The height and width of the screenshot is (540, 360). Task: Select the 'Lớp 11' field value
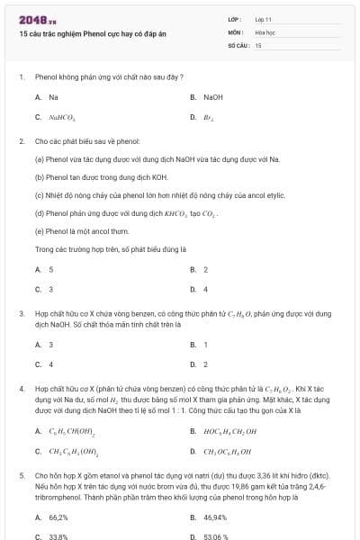pos(263,19)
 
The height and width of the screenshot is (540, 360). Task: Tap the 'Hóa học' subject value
pos(265,31)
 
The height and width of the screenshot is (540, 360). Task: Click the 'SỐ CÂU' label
pos(238,44)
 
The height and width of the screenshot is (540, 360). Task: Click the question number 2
pos(21,141)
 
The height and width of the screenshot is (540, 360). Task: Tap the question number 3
pos(21,313)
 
